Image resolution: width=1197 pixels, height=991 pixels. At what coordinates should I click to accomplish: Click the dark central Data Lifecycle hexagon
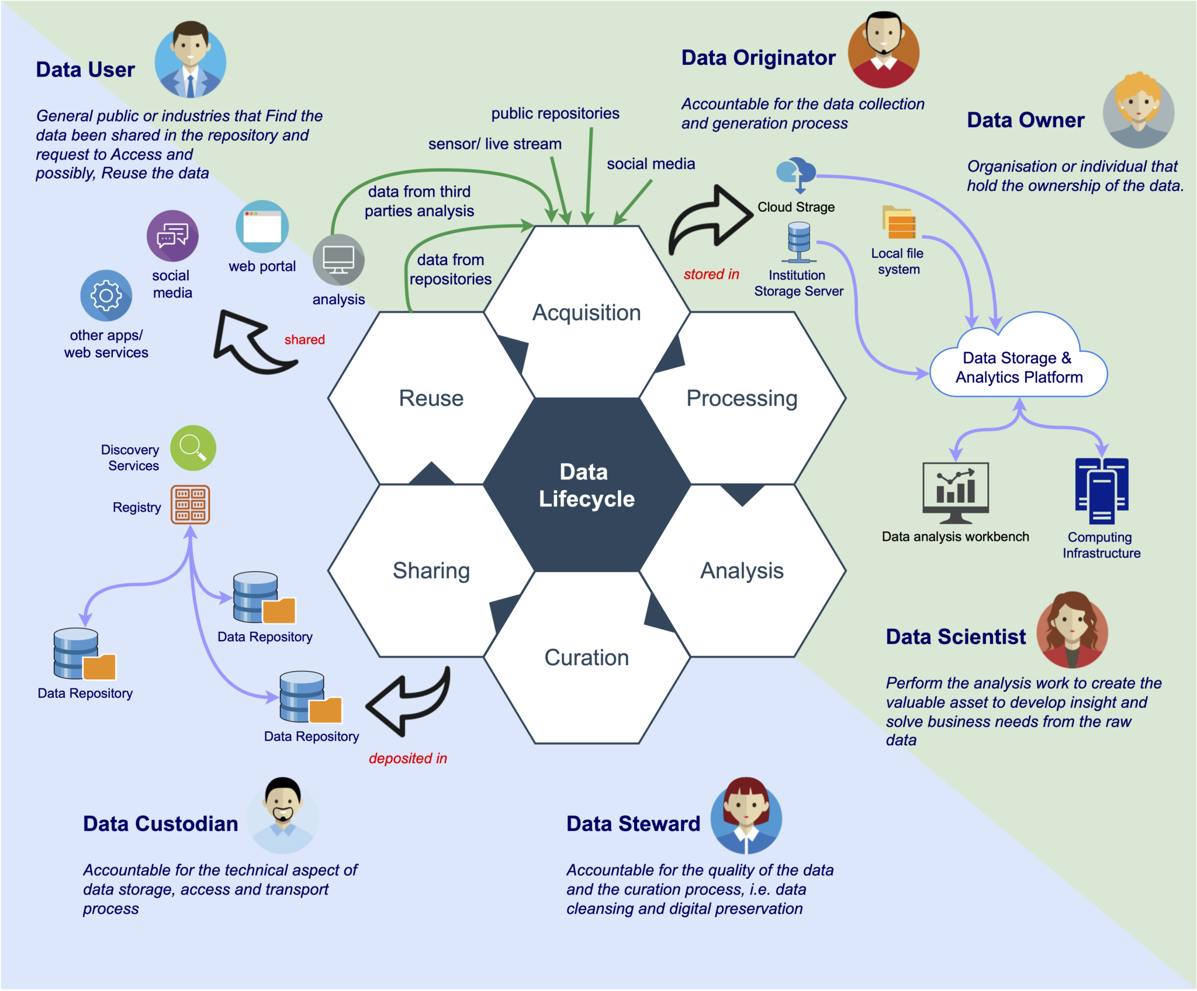(x=586, y=485)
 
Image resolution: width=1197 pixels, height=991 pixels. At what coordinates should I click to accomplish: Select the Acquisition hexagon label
(x=586, y=312)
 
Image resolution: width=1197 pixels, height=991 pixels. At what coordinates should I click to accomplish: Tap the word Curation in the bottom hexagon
(x=586, y=658)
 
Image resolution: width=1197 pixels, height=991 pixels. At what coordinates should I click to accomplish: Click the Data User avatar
(x=191, y=60)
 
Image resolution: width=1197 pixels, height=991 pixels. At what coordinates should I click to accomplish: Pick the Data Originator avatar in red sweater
(x=884, y=50)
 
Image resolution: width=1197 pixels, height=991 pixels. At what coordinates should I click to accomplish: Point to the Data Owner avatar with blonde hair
(x=1138, y=110)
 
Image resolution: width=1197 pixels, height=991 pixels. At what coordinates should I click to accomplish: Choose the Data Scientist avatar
(x=1072, y=630)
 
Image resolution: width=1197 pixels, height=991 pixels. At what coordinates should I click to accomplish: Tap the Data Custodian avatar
(x=283, y=815)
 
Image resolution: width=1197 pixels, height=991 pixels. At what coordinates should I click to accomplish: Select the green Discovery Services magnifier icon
(x=193, y=448)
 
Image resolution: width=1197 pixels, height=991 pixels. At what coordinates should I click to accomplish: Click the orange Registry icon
(x=190, y=505)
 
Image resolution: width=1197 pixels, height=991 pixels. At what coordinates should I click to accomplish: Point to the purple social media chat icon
(x=172, y=236)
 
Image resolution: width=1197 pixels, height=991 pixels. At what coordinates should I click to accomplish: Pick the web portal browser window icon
(x=262, y=227)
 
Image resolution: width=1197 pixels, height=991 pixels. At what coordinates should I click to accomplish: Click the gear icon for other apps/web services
(x=106, y=295)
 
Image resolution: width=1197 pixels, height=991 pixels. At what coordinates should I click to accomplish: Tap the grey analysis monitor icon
(x=338, y=260)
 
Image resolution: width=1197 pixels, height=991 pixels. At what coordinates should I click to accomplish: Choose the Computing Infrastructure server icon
(x=1102, y=491)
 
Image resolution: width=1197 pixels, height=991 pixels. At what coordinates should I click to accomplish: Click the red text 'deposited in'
(x=407, y=758)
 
